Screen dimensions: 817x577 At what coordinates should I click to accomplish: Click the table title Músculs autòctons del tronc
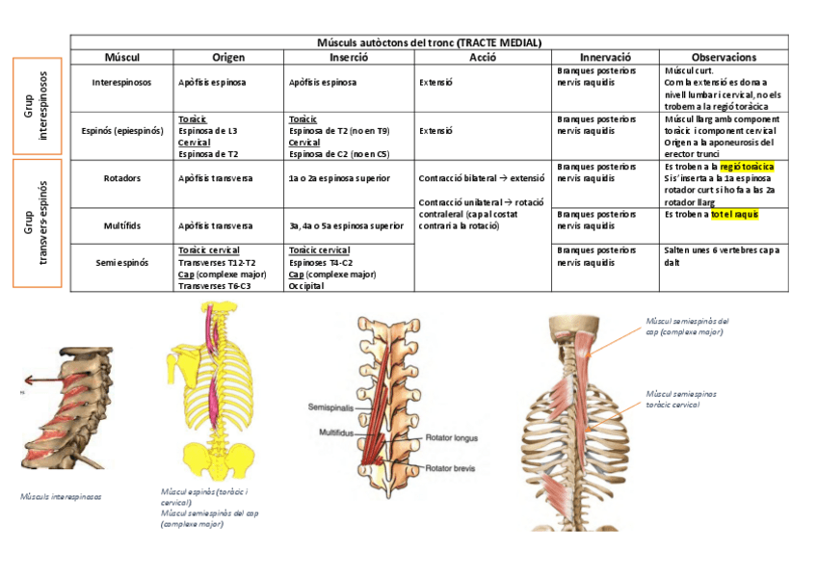(x=429, y=43)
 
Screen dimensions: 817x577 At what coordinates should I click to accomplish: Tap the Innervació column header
(x=605, y=58)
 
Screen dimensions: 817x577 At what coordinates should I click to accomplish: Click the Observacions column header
(x=724, y=58)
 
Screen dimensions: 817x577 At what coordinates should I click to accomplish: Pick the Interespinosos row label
(x=121, y=83)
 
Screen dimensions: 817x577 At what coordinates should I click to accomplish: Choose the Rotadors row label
(x=121, y=178)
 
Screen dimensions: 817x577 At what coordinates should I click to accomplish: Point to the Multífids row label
(x=121, y=225)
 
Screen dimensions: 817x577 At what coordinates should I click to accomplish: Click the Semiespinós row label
(x=121, y=261)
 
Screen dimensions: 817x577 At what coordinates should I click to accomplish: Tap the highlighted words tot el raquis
(x=735, y=214)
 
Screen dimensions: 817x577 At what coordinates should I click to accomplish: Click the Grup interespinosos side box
(x=37, y=106)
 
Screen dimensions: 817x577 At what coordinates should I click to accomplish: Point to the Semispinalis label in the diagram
(x=330, y=407)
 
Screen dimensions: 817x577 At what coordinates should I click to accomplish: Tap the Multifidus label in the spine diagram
(x=336, y=433)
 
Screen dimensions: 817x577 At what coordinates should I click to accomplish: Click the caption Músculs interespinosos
(x=61, y=496)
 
